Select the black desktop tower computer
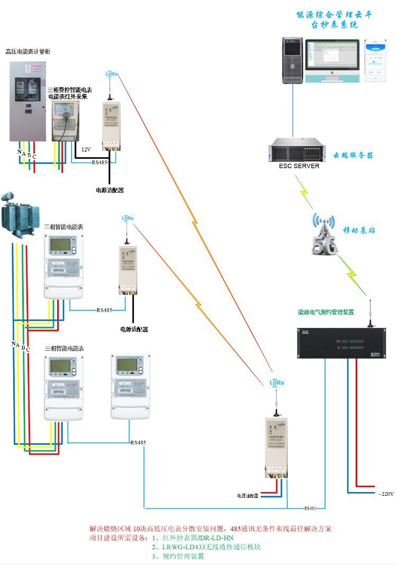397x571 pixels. pos(292,60)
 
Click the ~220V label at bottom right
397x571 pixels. pos(386,494)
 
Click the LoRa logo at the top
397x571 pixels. pos(112,75)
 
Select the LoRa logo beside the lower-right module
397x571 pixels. pos(276,382)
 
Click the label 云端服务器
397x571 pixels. pos(353,156)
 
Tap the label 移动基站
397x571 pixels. pos(359,230)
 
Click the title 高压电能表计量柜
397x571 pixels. pos(28,51)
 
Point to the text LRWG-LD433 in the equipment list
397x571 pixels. pos(182,547)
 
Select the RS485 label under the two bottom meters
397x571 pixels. pos(138,442)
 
